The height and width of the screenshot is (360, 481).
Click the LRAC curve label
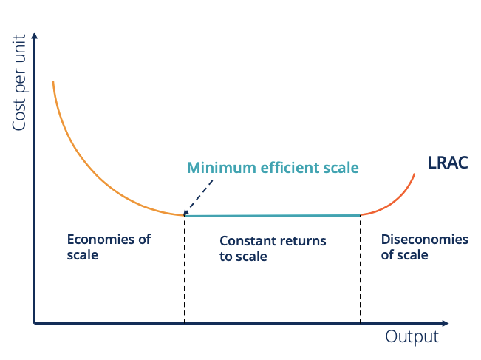(x=448, y=163)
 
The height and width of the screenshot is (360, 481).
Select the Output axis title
(x=412, y=337)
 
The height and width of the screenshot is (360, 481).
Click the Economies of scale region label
(x=109, y=247)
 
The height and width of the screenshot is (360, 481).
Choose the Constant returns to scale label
(x=273, y=249)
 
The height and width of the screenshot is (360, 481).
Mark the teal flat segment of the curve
(x=273, y=215)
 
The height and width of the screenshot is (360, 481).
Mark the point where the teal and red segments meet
(x=361, y=215)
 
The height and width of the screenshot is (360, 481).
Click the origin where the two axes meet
(x=35, y=323)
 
